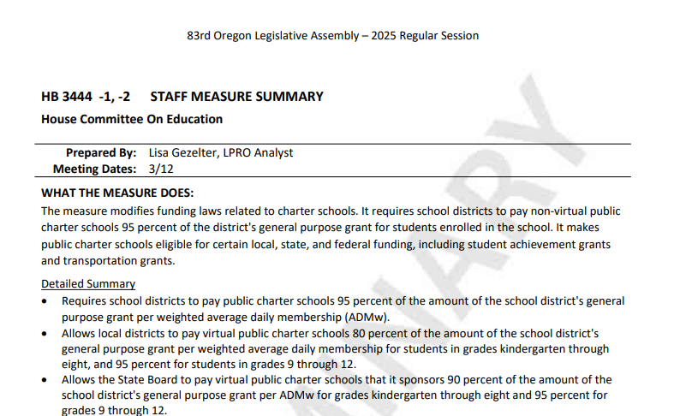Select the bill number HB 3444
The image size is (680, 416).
point(66,97)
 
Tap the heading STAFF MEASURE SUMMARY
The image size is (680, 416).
point(236,97)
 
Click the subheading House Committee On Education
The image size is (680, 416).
point(132,120)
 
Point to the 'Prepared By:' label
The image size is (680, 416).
point(101,153)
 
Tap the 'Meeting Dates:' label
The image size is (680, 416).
point(94,169)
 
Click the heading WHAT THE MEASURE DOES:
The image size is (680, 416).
point(117,193)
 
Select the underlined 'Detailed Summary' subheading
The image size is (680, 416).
point(88,284)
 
